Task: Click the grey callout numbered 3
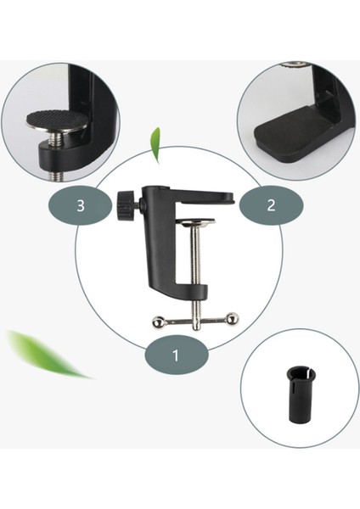coord(81,206)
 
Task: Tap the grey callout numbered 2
coord(271,205)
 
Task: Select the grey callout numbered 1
coord(176,355)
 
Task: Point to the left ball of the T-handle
coord(159,321)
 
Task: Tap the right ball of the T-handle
coord(233,318)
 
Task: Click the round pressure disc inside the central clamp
coord(197,223)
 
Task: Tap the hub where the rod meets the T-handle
coord(196,321)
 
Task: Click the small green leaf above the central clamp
coord(155,145)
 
